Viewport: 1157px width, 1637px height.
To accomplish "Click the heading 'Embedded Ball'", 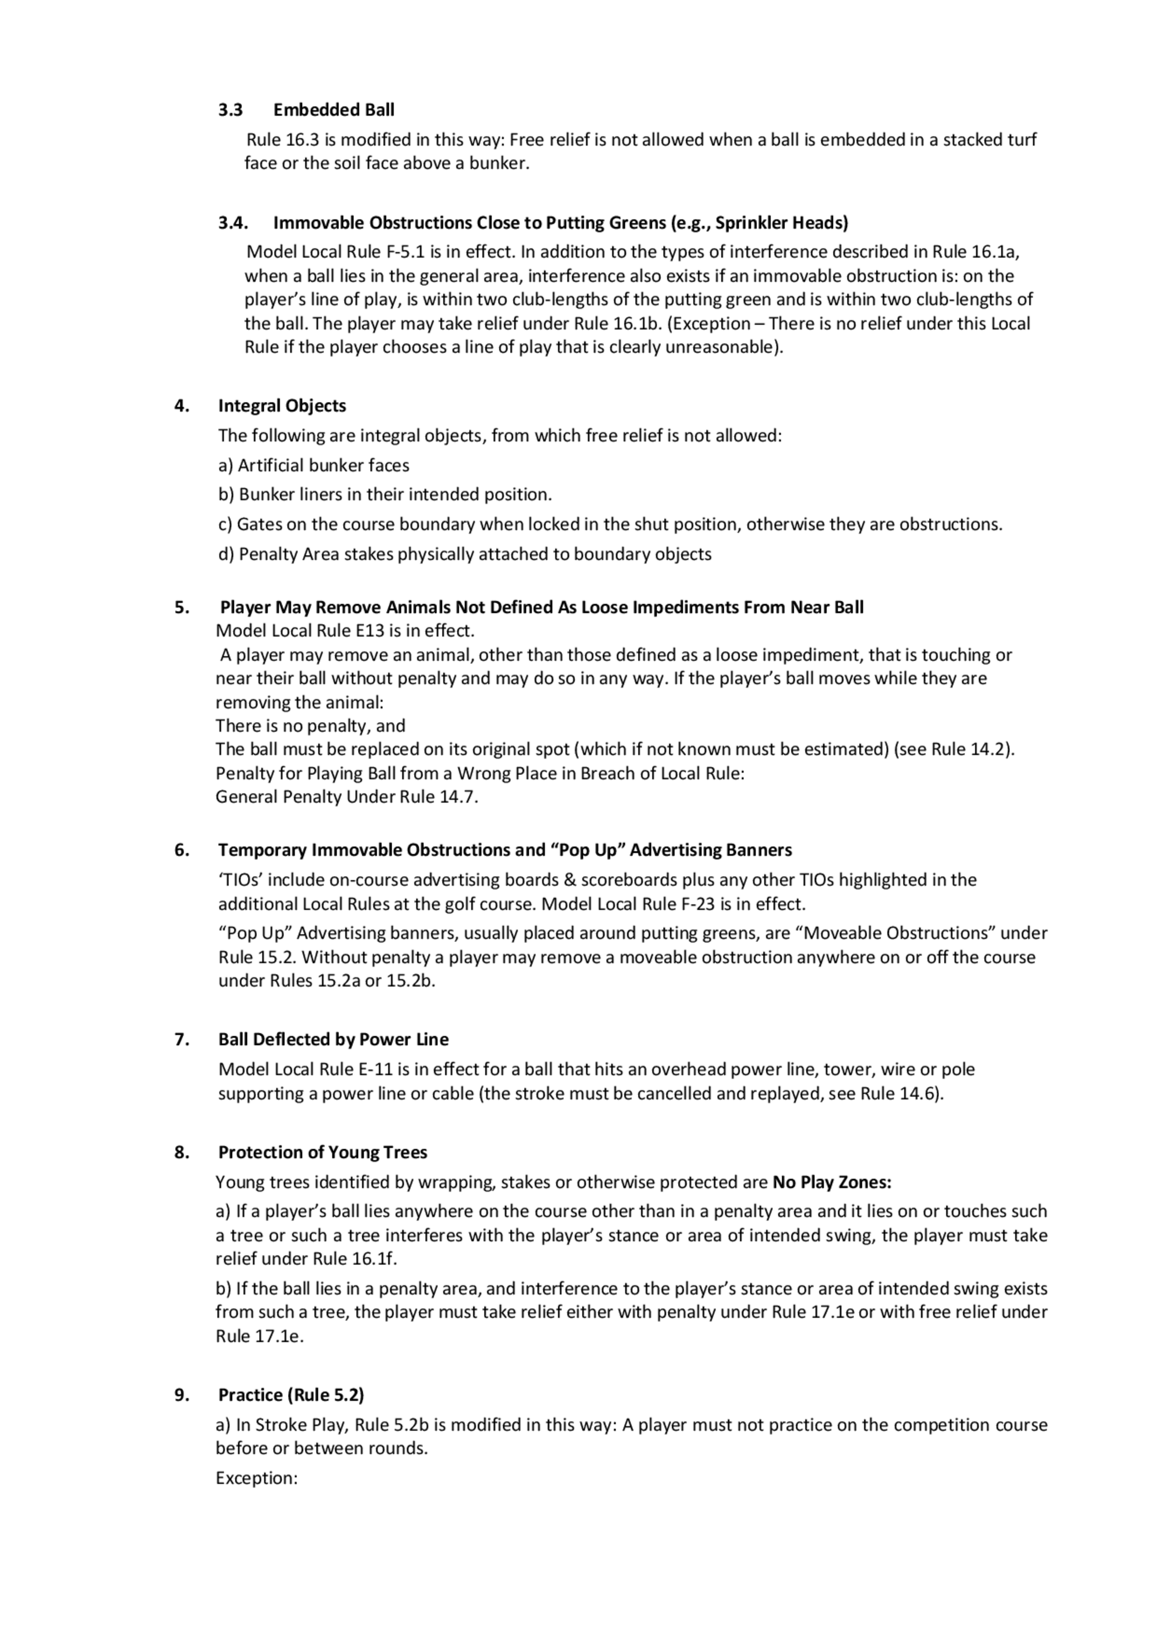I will click(334, 110).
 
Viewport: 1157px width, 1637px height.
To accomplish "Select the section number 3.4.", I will click(233, 222).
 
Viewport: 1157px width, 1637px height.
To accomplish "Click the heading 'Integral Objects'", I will click(282, 406).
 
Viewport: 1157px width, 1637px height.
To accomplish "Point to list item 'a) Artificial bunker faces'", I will click(314, 466).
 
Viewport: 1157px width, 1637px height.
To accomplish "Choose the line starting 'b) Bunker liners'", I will click(385, 495).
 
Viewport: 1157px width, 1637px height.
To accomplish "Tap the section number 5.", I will click(182, 608).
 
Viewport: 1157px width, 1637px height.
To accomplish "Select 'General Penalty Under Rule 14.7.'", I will click(347, 796).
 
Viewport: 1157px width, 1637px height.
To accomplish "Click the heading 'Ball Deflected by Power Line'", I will click(334, 1039).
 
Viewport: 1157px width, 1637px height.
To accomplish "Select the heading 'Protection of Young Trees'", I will click(323, 1153).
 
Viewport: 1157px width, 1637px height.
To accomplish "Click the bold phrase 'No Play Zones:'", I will click(832, 1183).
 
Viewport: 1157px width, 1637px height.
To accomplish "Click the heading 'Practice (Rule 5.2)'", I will click(291, 1395).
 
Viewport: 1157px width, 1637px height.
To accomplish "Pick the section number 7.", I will click(182, 1039).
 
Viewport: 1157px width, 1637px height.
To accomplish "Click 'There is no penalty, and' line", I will click(311, 726).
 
